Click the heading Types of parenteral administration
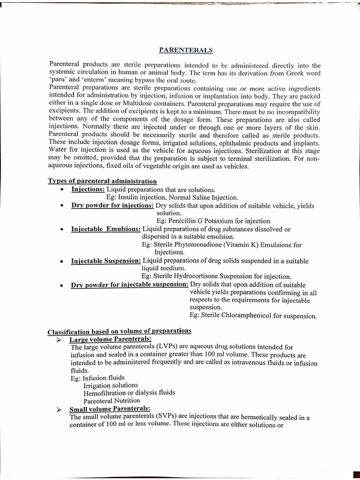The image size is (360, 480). tap(103, 181)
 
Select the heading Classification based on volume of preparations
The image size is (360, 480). tap(119, 331)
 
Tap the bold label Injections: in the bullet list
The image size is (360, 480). tap(88, 189)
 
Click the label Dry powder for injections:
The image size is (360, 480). tap(112, 206)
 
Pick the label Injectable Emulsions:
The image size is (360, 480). tap(106, 229)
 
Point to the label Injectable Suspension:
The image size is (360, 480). tap(106, 260)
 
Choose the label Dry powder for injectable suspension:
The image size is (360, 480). tap(129, 285)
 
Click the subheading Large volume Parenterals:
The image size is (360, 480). tap(110, 339)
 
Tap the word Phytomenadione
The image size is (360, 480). tap(200, 245)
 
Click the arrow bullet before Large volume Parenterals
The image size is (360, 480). tap(59, 339)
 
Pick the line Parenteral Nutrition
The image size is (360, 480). tap(112, 401)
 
